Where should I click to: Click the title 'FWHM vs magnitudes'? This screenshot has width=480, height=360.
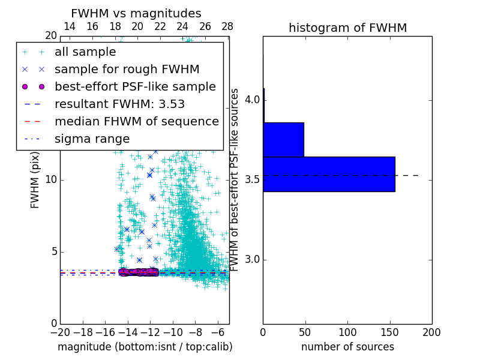click(x=136, y=13)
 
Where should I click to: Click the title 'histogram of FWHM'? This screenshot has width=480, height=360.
click(x=347, y=28)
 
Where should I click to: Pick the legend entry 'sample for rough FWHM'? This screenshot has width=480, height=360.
click(x=127, y=70)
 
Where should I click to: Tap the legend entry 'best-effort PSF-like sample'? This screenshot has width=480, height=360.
click(x=135, y=87)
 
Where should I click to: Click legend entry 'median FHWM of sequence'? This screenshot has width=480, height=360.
click(x=136, y=122)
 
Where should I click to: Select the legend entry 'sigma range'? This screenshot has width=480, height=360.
click(x=92, y=139)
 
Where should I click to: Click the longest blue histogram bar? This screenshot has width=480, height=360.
click(x=329, y=174)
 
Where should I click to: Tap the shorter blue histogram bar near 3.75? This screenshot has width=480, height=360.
click(x=283, y=139)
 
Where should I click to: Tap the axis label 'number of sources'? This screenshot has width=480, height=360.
click(x=347, y=347)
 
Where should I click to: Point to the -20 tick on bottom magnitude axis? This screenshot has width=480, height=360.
click(x=60, y=332)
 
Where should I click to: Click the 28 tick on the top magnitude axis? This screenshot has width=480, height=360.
click(x=227, y=26)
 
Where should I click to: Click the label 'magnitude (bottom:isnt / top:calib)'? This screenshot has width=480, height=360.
click(x=145, y=347)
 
